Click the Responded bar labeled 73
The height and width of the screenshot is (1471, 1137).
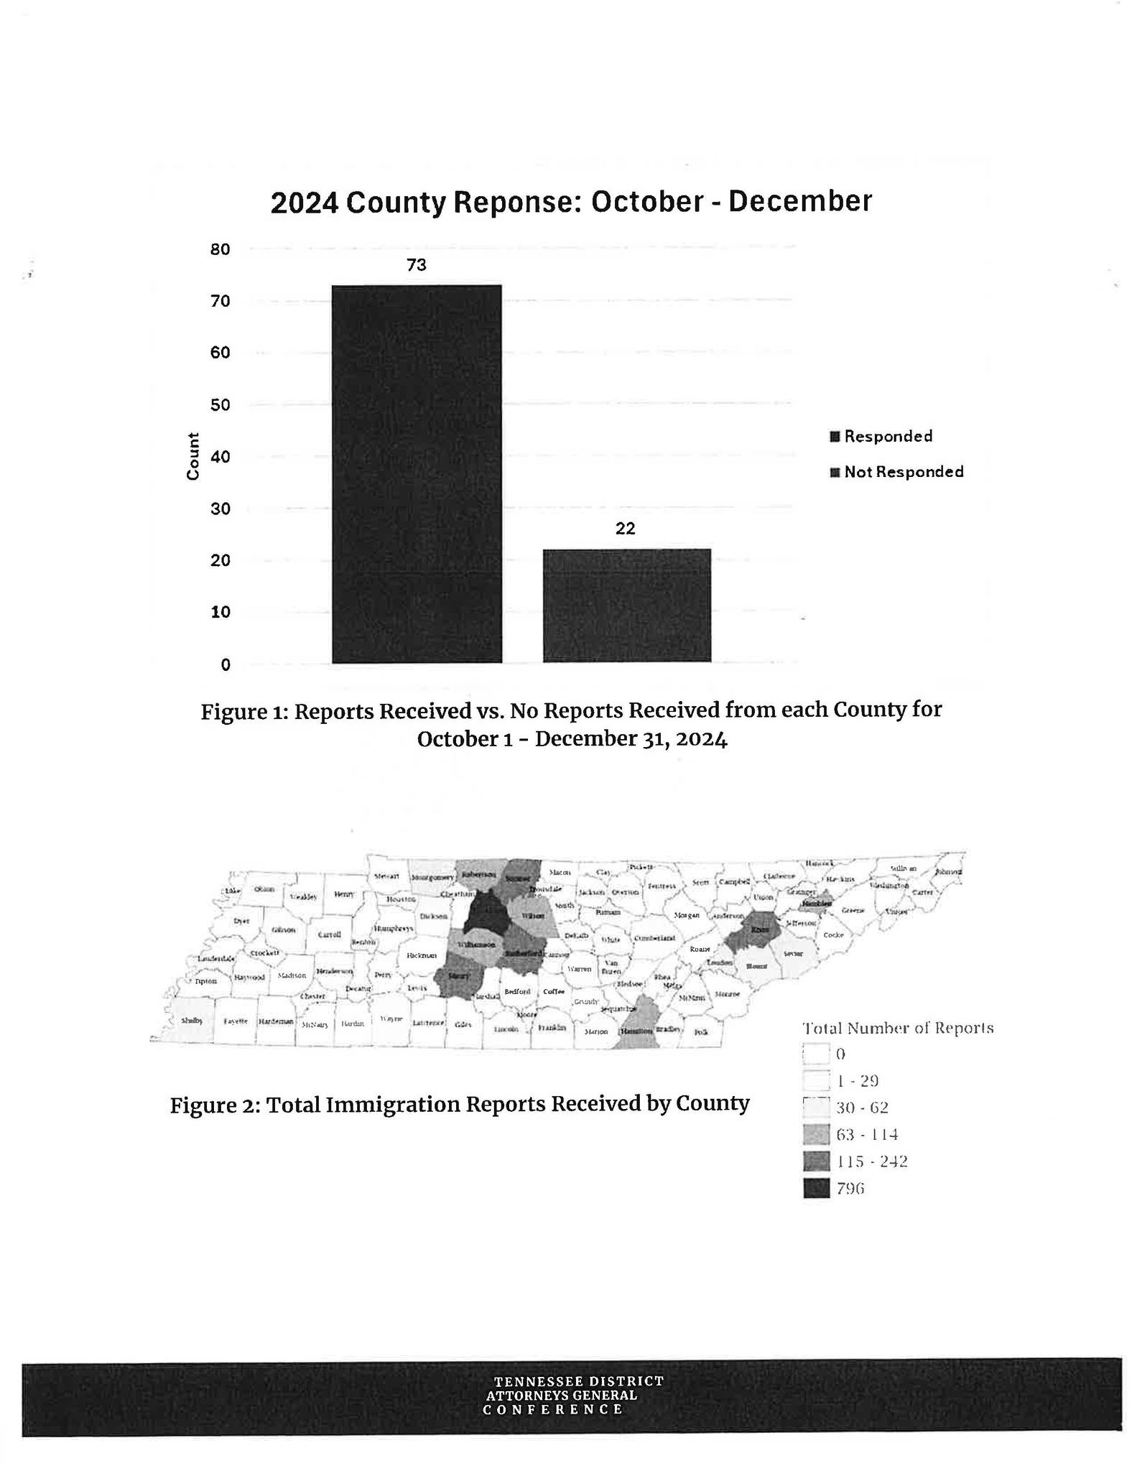(x=416, y=473)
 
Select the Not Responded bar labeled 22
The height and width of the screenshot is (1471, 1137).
(x=626, y=605)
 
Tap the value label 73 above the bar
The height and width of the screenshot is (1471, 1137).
(x=417, y=265)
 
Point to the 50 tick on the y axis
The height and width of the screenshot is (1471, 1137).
(x=220, y=404)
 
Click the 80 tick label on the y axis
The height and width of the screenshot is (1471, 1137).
(x=220, y=249)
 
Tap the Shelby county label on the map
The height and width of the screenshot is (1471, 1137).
(x=191, y=1021)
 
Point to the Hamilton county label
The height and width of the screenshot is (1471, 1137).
(x=636, y=1031)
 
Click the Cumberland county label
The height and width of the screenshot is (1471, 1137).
(x=654, y=939)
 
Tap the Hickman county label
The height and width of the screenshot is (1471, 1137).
(x=422, y=955)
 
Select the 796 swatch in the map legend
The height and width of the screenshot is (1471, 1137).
(x=816, y=1189)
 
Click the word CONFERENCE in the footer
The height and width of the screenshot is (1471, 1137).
(x=553, y=1409)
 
